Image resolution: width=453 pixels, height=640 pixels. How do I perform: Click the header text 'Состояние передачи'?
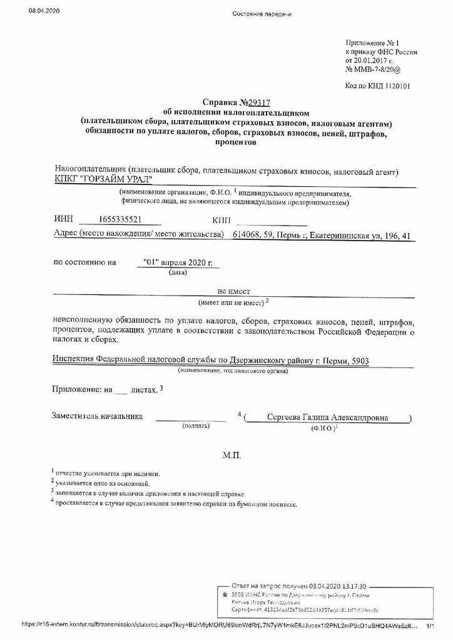tap(262, 14)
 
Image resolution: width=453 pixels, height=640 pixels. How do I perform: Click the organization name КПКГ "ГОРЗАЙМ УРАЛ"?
tap(104, 179)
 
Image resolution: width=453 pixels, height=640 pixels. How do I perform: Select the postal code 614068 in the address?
tap(246, 234)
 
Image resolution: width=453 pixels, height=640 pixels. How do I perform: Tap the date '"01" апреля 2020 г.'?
tap(178, 263)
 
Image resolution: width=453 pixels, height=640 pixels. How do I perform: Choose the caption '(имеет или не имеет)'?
tap(231, 302)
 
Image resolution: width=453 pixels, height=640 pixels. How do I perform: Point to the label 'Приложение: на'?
tap(82, 389)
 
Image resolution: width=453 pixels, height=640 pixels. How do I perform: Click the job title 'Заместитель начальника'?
tap(97, 416)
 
